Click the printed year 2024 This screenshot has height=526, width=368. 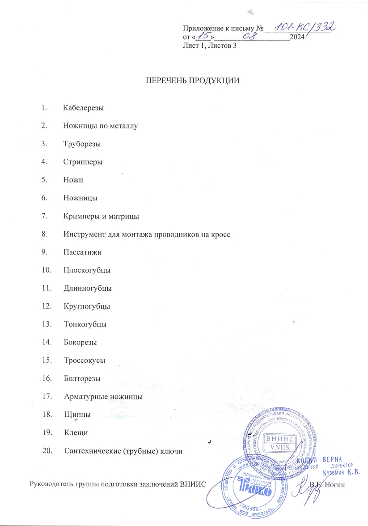(x=297, y=37)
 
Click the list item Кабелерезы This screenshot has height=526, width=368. (x=84, y=107)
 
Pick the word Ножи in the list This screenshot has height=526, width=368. (x=73, y=180)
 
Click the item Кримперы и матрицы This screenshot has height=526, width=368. (x=101, y=216)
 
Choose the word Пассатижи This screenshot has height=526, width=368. (x=83, y=252)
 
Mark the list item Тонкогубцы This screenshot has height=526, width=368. (x=85, y=324)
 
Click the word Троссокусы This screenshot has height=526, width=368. (x=85, y=361)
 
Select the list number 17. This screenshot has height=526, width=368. (x=47, y=397)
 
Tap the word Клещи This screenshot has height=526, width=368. (x=76, y=433)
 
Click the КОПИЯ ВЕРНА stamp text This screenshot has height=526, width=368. (x=328, y=459)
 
